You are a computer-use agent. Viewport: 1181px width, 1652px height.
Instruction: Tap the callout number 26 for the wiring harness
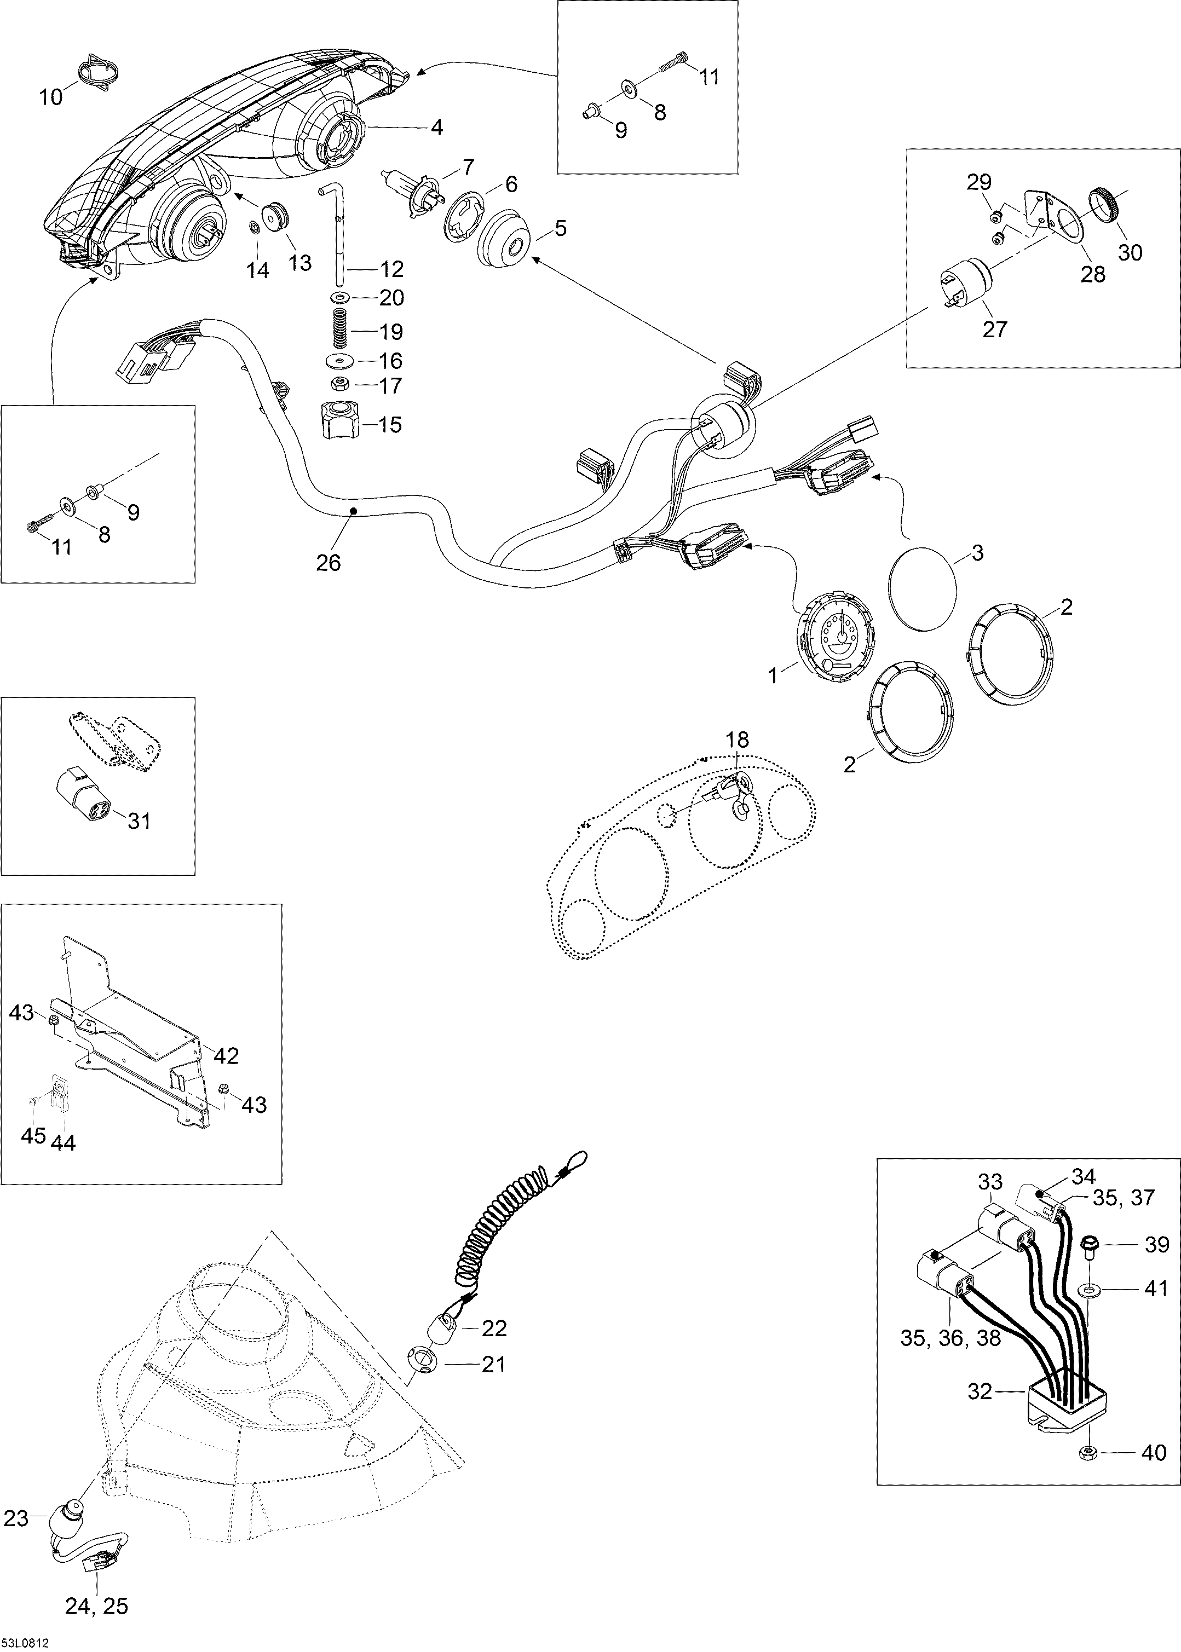click(x=328, y=562)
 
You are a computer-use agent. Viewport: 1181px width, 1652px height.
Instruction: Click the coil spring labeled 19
click(x=339, y=330)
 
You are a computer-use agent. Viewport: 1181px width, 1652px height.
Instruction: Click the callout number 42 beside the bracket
click(x=224, y=1054)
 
